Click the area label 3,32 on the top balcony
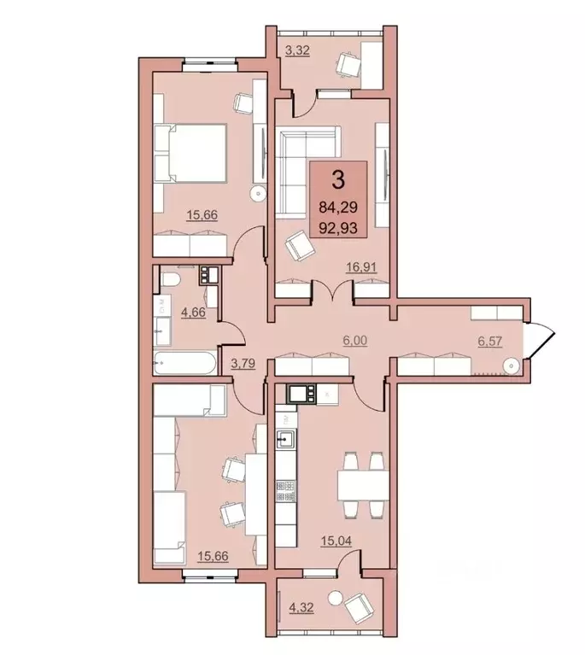pyautogui.click(x=297, y=50)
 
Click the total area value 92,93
pyautogui.click(x=339, y=227)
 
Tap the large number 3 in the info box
pyautogui.click(x=339, y=180)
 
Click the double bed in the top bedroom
pyautogui.click(x=191, y=153)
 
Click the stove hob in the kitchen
pyautogui.click(x=285, y=492)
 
